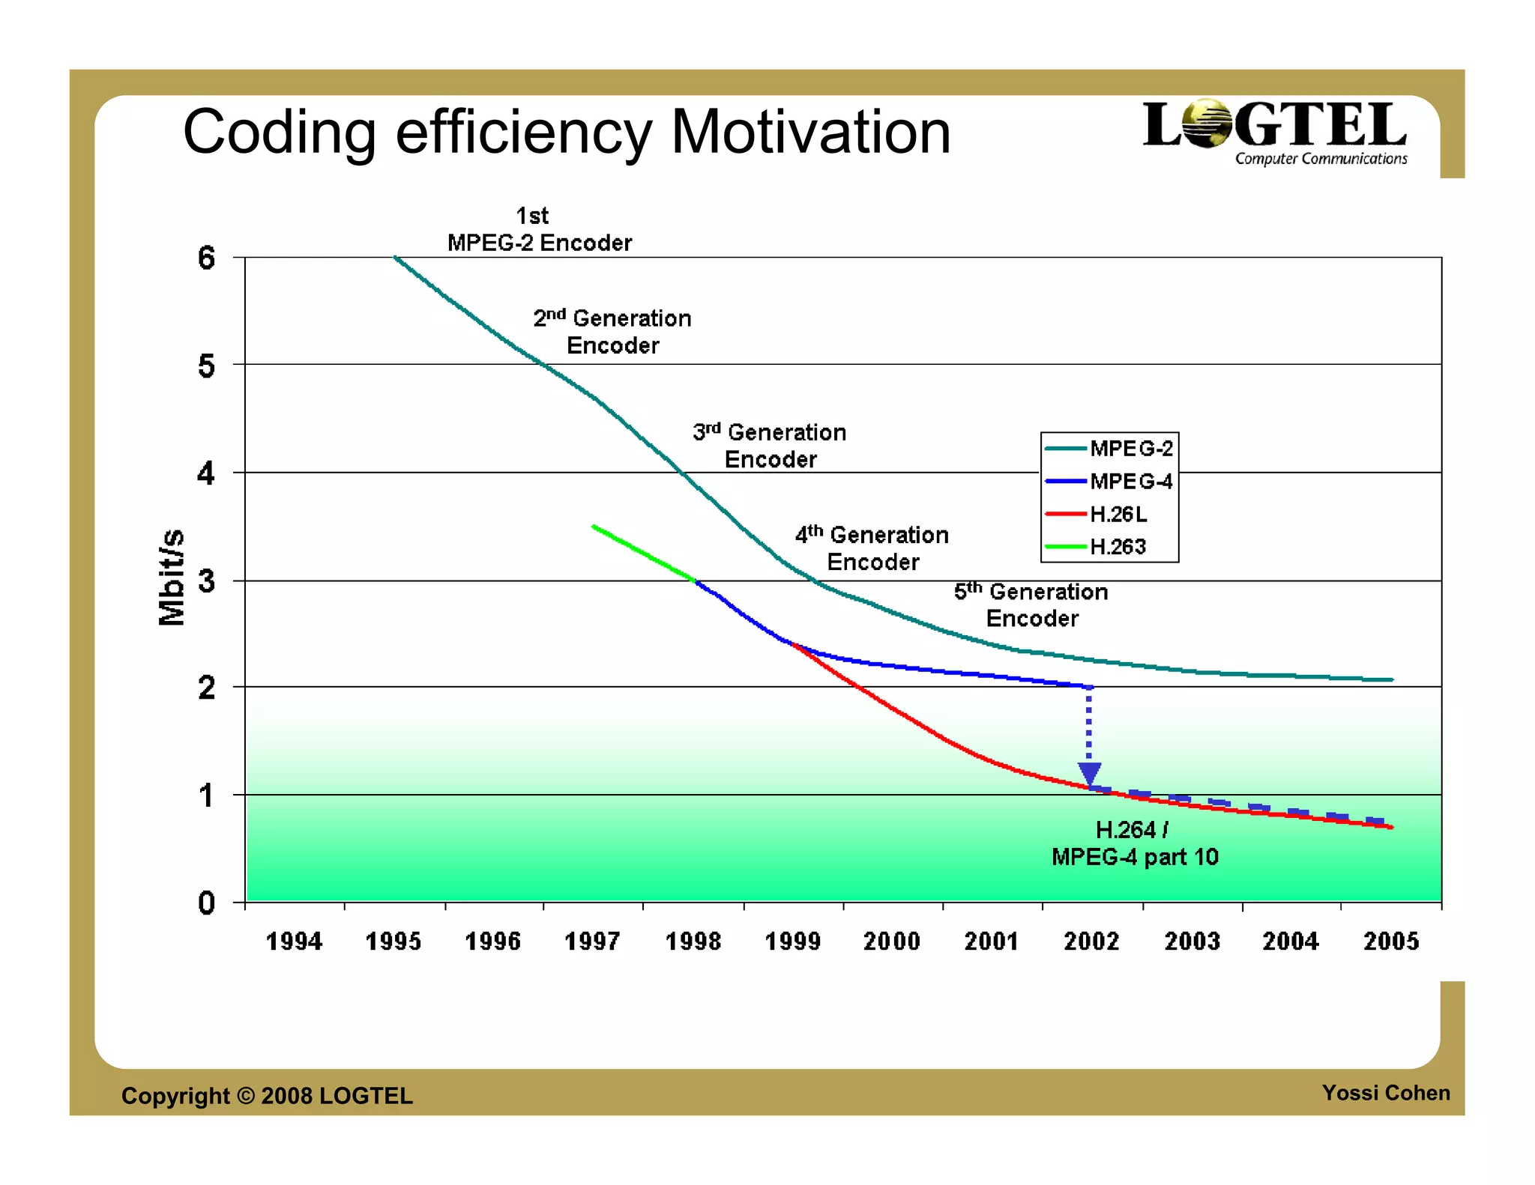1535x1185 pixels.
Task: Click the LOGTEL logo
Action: click(1274, 132)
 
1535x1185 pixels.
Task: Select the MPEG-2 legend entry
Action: click(1109, 448)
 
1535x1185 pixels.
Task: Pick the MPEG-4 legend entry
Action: click(1109, 481)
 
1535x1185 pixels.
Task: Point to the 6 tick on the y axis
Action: click(206, 258)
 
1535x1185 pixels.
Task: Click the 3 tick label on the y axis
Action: click(206, 581)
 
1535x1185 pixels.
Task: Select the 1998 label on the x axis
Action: click(693, 941)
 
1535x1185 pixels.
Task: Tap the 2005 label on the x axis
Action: click(1390, 941)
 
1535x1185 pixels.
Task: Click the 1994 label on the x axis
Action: click(294, 941)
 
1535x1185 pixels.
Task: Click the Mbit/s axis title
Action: click(172, 577)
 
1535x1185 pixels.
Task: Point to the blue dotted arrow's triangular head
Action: click(1089, 773)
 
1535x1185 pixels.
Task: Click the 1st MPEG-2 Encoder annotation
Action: click(539, 229)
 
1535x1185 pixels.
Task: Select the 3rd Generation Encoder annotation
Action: click(770, 446)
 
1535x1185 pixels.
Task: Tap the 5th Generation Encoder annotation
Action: click(1031, 604)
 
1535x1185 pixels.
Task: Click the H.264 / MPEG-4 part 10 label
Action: click(1134, 843)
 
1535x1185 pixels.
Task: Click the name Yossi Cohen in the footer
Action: click(1385, 1093)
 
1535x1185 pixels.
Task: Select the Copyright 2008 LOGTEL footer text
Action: click(267, 1096)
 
